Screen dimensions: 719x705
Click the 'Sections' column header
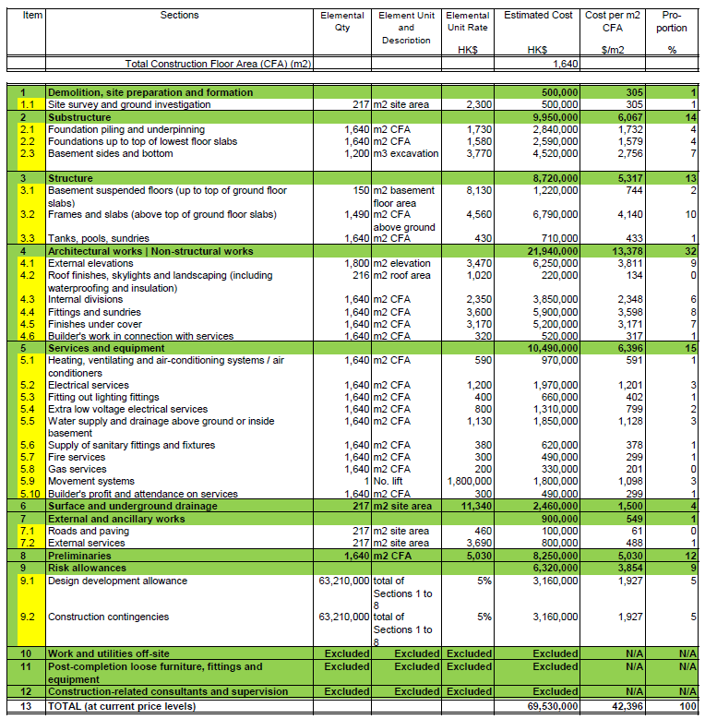[179, 16]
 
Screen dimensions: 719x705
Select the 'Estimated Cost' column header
[539, 16]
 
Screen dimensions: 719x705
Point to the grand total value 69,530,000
[554, 706]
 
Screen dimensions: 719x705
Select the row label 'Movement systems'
[92, 481]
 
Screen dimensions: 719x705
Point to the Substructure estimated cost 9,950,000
[555, 118]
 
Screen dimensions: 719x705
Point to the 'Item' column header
[32, 16]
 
